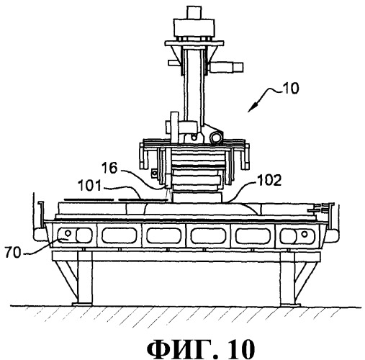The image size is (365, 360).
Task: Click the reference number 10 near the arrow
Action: [290, 88]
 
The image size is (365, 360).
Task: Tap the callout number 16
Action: [109, 168]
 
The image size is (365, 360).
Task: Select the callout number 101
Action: [89, 186]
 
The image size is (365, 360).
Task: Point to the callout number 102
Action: [269, 180]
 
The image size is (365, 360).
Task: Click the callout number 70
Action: [13, 253]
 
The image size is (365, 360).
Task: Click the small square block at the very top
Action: [194, 13]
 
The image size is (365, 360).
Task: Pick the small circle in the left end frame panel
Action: [68, 233]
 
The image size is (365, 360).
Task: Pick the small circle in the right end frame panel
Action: [305, 233]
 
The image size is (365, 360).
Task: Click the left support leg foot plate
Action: [82, 305]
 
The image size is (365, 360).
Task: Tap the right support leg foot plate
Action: [290, 305]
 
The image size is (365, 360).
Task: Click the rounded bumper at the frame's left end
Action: [38, 234]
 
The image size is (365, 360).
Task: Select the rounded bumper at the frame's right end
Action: [334, 235]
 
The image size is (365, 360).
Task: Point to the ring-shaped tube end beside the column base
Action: [215, 138]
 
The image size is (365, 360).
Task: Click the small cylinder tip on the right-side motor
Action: [238, 67]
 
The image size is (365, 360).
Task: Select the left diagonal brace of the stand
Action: [66, 280]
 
